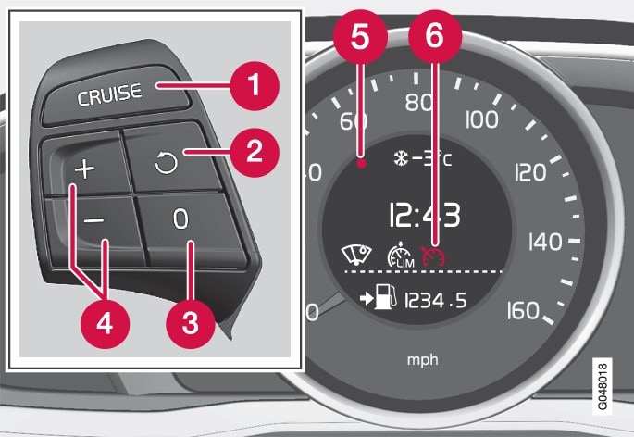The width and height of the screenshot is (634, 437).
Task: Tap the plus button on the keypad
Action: pos(86,169)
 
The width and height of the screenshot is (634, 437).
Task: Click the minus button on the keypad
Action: pos(92,223)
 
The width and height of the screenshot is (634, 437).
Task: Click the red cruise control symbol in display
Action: pos(433,254)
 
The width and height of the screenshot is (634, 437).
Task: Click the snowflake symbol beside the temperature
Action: pos(399,158)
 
